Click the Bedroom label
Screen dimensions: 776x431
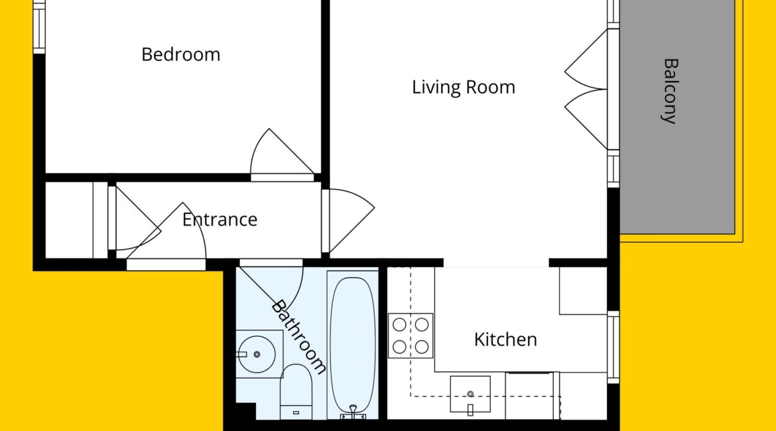(x=180, y=54)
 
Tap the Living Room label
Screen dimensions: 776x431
(x=463, y=87)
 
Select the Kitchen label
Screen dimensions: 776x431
(x=505, y=339)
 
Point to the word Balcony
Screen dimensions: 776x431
(x=670, y=91)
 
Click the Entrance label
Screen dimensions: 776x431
(x=220, y=219)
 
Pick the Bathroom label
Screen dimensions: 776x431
(x=298, y=336)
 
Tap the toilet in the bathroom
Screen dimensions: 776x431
(x=296, y=392)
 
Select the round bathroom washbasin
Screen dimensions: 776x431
(x=257, y=354)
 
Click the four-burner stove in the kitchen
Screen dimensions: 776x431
(x=411, y=336)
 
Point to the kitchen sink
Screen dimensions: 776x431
(x=470, y=395)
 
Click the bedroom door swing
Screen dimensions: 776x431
(x=282, y=153)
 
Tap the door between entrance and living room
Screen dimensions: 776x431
(x=348, y=221)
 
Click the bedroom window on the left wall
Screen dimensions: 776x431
(x=39, y=27)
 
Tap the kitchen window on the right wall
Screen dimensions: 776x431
(x=614, y=347)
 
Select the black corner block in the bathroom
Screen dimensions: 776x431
(x=245, y=411)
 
